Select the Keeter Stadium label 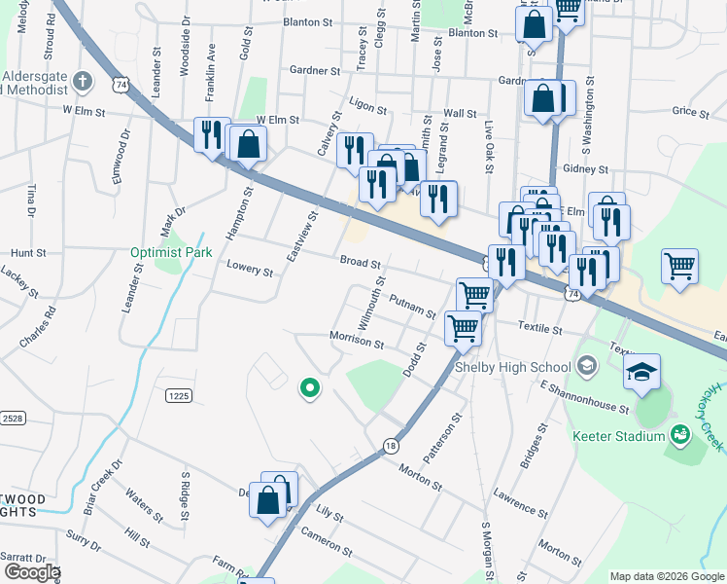617,436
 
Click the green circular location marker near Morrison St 310,388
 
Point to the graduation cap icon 642,371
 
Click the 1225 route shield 177,395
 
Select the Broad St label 360,262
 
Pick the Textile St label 541,330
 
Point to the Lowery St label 249,269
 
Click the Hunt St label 28,252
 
